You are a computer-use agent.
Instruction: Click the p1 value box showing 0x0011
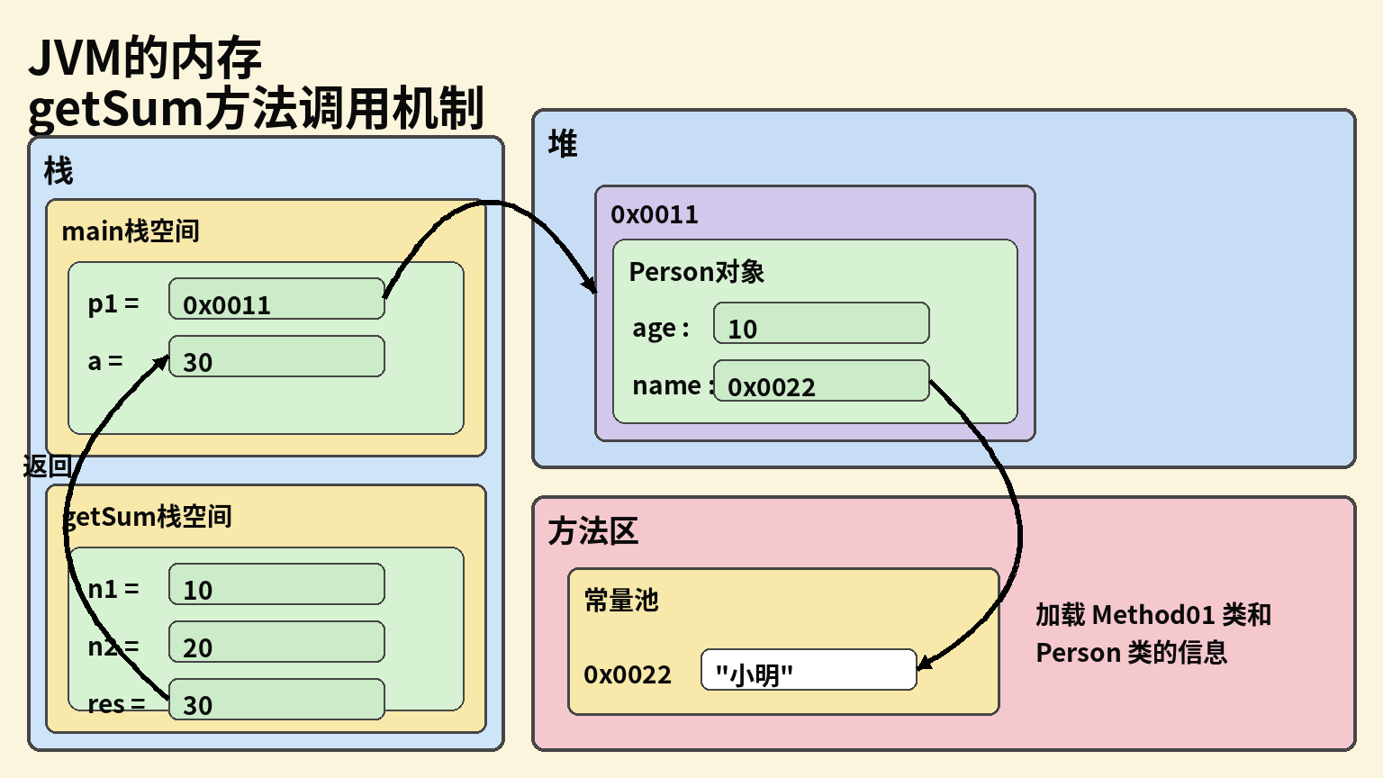[x=276, y=299]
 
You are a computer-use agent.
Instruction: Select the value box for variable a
[x=276, y=357]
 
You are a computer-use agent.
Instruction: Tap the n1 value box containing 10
[x=276, y=584]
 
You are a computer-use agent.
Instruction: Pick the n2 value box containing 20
[x=276, y=642]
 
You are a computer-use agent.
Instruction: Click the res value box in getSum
[x=276, y=700]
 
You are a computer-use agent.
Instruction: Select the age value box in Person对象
[x=821, y=323]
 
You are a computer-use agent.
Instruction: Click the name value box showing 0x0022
[x=821, y=381]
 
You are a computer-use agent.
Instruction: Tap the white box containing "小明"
[x=809, y=670]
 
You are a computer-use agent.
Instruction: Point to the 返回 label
[x=47, y=466]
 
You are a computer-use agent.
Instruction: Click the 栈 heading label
[x=59, y=171]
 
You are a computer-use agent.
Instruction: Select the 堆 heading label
[x=563, y=144]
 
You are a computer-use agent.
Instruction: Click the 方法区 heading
[x=592, y=531]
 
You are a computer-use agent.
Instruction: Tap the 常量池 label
[x=621, y=601]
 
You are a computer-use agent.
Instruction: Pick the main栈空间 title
[x=131, y=231]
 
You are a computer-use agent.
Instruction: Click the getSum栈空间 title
[x=149, y=517]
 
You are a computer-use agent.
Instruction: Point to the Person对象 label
[x=696, y=272]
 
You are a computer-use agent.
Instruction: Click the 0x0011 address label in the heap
[x=655, y=215]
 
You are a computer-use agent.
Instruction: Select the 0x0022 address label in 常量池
[x=628, y=674]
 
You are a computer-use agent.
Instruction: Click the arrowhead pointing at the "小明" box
[x=923, y=665]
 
